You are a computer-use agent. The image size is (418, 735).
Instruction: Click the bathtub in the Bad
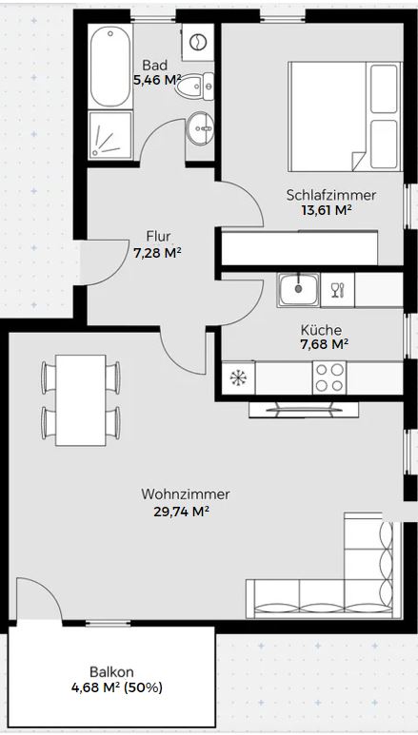(110, 67)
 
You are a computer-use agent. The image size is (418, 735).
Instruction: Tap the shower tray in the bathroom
(110, 135)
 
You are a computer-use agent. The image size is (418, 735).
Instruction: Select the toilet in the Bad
(195, 87)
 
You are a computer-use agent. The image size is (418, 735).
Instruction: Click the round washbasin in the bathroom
(200, 128)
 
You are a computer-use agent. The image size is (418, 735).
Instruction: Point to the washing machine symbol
(198, 42)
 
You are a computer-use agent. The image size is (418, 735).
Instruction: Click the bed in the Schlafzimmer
(346, 116)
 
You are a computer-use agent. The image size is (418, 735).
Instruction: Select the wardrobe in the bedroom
(300, 248)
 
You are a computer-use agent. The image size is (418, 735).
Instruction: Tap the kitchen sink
(298, 290)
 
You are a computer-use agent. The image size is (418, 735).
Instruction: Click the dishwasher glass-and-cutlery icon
(338, 290)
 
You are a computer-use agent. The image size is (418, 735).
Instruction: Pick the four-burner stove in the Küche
(329, 377)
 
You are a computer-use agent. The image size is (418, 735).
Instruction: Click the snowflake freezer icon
(239, 377)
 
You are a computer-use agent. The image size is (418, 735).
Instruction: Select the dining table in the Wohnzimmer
(80, 400)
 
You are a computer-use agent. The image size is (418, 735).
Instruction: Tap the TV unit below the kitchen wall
(304, 410)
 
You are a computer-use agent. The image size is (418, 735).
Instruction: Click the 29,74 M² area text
(181, 512)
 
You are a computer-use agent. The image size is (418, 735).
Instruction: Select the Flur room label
(158, 235)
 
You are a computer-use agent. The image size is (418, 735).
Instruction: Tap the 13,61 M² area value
(327, 209)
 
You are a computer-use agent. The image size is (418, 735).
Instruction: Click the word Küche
(321, 330)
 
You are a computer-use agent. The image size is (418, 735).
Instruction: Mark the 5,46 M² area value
(157, 80)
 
